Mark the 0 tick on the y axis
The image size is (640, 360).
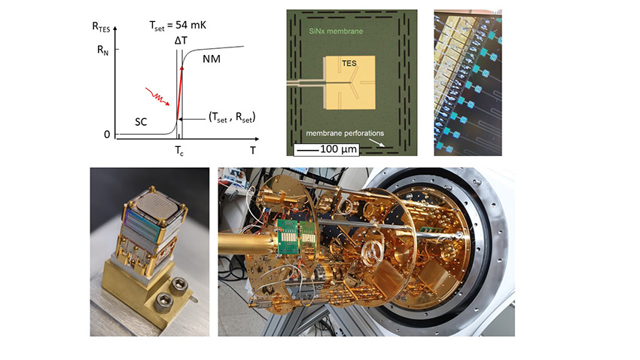[x=106, y=135]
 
